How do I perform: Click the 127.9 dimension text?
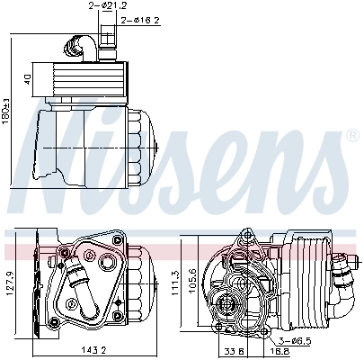pyautogui.click(x=11, y=287)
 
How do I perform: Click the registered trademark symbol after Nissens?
pyautogui.click(x=351, y=136)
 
